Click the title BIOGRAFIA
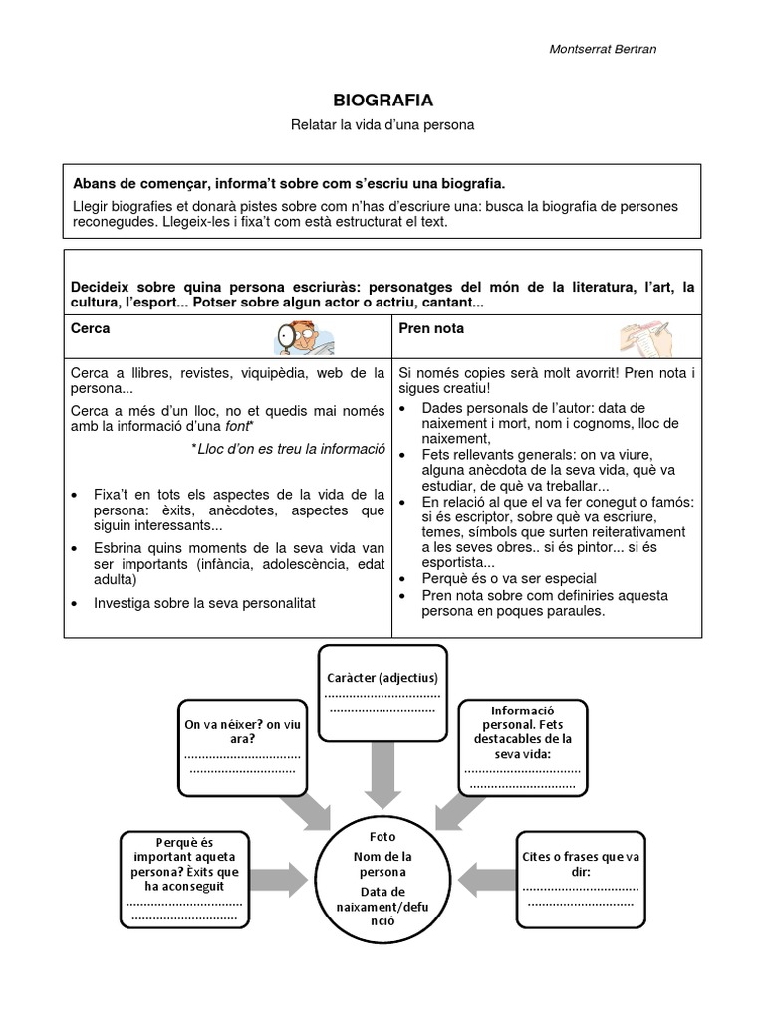[x=382, y=101]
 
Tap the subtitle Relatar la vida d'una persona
[x=382, y=126]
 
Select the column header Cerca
[x=91, y=328]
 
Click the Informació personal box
[x=522, y=746]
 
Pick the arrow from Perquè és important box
[x=281, y=878]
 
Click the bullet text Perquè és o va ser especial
[x=509, y=578]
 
